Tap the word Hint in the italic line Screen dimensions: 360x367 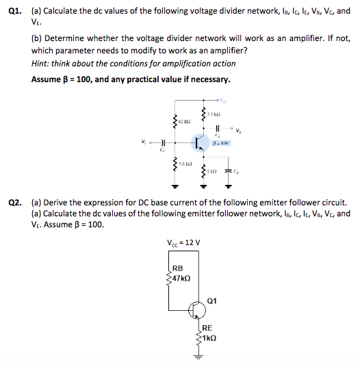40,64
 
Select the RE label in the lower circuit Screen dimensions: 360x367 207,327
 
